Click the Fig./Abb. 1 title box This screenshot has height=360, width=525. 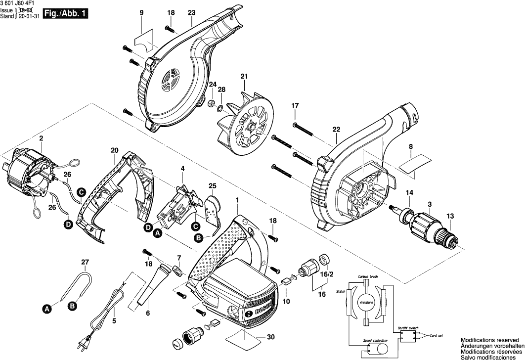click(66, 14)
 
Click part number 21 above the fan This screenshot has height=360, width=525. click(243, 76)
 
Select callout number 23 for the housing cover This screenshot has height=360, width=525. click(192, 12)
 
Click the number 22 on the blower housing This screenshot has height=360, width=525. click(337, 130)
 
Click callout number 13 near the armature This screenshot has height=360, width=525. click(449, 216)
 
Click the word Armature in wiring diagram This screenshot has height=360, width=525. click(366, 302)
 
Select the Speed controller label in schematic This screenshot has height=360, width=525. click(376, 341)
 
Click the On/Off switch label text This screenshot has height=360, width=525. click(408, 328)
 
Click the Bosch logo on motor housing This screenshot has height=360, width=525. click(261, 310)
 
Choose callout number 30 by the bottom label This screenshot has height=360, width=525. click(270, 337)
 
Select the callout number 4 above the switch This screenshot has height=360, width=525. click(182, 169)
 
